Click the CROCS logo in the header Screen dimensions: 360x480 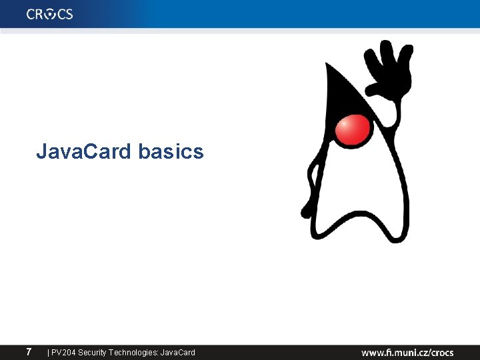tap(50, 14)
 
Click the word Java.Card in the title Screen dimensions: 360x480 tap(85, 152)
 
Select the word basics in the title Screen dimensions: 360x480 tap(171, 152)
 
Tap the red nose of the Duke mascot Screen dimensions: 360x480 tap(353, 130)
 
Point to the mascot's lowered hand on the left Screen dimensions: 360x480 tap(307, 209)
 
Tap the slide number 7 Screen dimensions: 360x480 tap(29, 351)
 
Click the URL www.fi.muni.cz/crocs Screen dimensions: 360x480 tap(407, 352)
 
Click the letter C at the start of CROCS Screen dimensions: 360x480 tap(31, 14)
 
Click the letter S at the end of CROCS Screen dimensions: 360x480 tap(69, 14)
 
